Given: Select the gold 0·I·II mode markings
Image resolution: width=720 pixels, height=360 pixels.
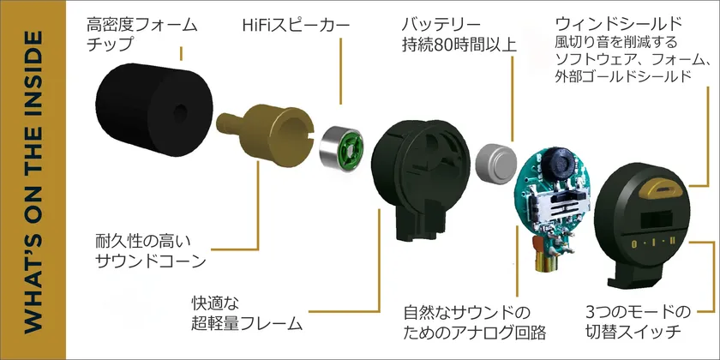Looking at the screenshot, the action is point(653,243).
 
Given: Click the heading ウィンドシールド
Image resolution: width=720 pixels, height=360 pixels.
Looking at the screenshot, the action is point(619,23).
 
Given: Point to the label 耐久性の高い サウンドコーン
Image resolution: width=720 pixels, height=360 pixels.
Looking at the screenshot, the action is point(151,251).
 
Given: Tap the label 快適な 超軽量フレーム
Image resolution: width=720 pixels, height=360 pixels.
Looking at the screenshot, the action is point(247,314).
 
